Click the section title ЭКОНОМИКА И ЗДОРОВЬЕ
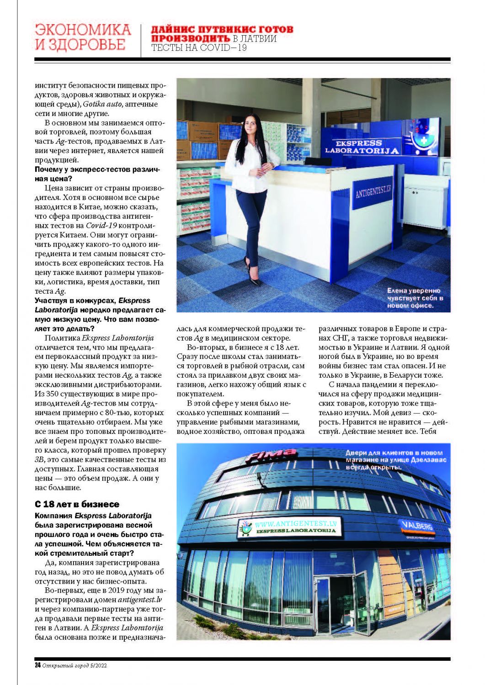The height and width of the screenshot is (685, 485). click(83, 37)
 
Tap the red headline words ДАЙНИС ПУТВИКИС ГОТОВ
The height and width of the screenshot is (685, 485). click(222, 30)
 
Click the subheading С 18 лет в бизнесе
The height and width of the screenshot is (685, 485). click(77, 504)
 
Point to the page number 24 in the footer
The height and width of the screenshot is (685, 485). click(37, 665)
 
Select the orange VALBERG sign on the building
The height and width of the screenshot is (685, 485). click(418, 526)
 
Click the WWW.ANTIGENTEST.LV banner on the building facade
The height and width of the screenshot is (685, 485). click(293, 527)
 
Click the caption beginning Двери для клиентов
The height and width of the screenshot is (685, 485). click(396, 460)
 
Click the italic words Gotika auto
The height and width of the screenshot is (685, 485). click(102, 104)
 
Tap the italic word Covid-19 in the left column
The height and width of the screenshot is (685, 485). click(99, 225)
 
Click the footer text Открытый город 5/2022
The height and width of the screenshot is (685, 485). click(75, 665)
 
